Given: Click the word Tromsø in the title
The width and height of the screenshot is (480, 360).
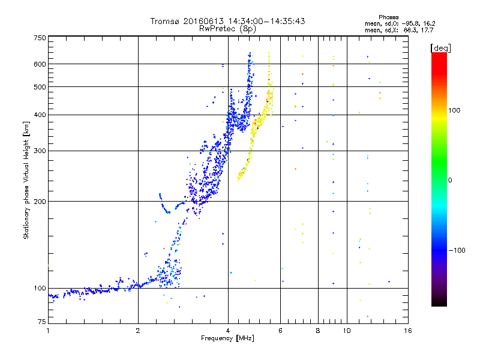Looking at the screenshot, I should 165,21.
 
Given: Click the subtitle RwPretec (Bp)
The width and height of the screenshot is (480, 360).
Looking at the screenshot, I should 227,28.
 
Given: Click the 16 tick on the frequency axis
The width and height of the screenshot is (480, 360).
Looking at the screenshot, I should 407,331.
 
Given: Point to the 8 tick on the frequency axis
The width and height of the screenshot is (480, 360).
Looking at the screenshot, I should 318,331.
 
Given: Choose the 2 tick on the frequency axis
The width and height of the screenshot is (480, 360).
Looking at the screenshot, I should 138,331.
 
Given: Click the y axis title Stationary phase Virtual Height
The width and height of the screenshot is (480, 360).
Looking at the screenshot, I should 26,180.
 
